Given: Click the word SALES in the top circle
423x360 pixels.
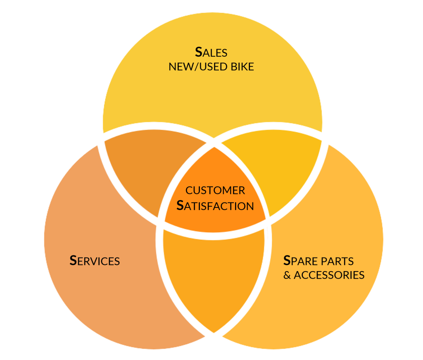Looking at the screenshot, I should (211, 52).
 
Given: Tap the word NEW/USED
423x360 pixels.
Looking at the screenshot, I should (197, 67).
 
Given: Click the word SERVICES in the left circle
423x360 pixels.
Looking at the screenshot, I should (95, 261).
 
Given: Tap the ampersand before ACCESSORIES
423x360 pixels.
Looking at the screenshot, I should (287, 275).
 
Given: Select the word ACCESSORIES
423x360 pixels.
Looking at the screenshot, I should (329, 275).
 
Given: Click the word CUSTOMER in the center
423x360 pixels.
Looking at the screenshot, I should (215, 191).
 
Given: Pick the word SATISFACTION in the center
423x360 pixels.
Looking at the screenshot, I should (215, 205).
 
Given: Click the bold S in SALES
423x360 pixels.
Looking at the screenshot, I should (199, 52).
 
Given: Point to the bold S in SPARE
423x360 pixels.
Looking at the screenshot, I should (287, 260).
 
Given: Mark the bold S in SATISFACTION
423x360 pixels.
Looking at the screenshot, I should (180, 205).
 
